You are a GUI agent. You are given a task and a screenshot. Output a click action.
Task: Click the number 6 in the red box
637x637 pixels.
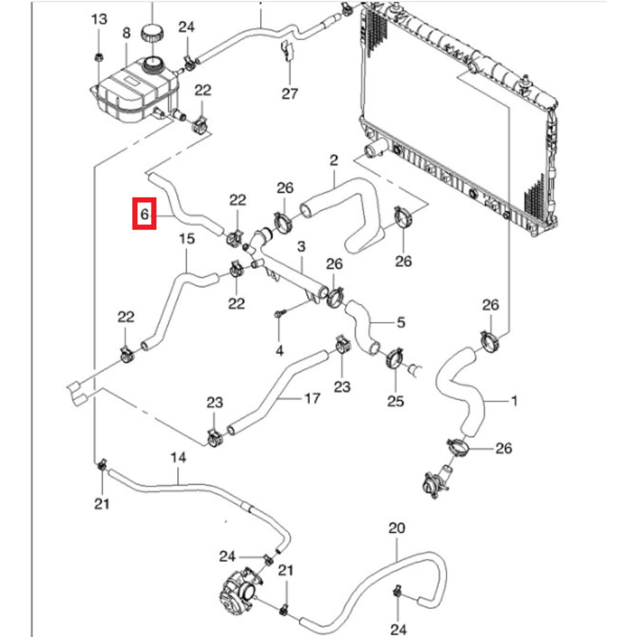[145, 214]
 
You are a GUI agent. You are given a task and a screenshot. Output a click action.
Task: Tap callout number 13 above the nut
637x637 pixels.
[99, 20]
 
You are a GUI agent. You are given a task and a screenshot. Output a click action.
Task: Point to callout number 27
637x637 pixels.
[290, 94]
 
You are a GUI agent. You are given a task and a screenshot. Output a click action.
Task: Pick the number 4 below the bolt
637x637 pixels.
[280, 350]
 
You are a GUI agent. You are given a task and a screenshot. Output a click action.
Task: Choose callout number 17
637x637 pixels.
[311, 399]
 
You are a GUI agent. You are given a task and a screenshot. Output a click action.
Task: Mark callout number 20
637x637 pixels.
[396, 529]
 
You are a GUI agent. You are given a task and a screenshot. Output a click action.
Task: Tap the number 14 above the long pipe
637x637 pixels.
[178, 457]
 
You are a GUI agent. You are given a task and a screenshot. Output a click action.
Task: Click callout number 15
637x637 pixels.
[186, 240]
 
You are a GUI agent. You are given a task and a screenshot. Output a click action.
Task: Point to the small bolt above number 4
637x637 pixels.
[280, 313]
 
